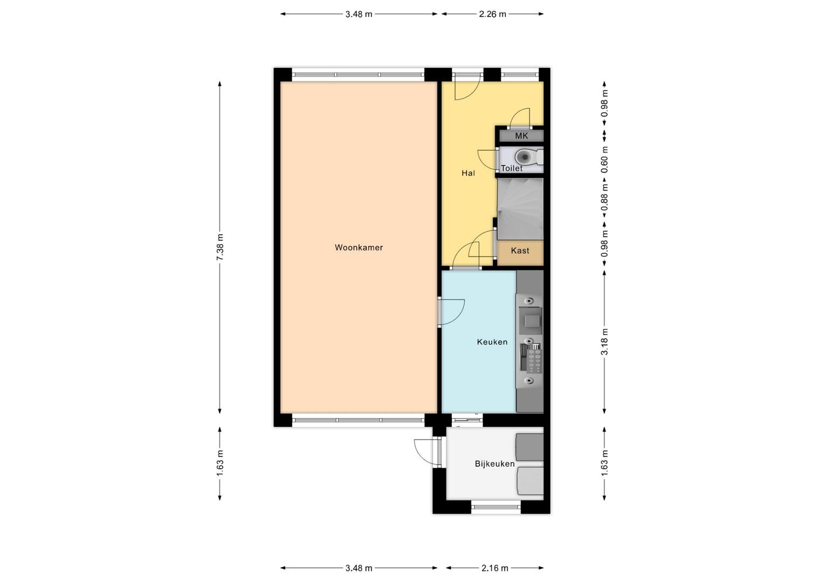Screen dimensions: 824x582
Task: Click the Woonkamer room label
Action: point(359,247)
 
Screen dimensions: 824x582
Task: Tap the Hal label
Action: point(468,173)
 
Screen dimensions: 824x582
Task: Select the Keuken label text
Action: point(492,342)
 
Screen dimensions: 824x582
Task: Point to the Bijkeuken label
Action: point(495,463)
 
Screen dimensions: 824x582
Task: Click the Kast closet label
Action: point(520,251)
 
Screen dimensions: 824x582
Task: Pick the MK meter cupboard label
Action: point(521,136)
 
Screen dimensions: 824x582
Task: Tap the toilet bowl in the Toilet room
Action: point(524,157)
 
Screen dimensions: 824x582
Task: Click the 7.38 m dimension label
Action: point(219,247)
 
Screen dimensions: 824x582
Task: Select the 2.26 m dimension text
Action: point(492,14)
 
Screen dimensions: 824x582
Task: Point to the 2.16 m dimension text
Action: point(495,568)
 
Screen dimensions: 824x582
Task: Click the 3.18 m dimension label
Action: point(605,342)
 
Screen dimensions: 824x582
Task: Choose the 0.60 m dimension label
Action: point(605,160)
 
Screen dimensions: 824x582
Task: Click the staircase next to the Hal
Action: point(520,209)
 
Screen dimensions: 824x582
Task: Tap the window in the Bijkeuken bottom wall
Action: point(496,507)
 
